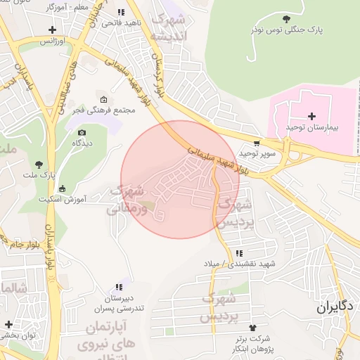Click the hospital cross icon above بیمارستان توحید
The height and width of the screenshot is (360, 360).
(312, 115)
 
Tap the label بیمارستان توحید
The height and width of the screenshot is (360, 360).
(312, 127)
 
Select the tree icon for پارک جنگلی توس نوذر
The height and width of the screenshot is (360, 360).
(285, 19)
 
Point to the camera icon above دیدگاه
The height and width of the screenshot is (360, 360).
(82, 132)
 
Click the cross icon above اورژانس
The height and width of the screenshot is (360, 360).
(52, 30)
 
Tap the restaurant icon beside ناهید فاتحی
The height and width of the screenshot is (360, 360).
(121, 12)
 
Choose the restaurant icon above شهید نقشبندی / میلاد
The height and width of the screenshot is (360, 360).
(240, 253)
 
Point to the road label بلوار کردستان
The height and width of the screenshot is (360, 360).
(160, 77)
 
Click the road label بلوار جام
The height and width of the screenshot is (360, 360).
(25, 244)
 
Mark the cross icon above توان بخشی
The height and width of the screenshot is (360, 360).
(8, 324)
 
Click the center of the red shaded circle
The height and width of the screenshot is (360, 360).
(180, 179)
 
